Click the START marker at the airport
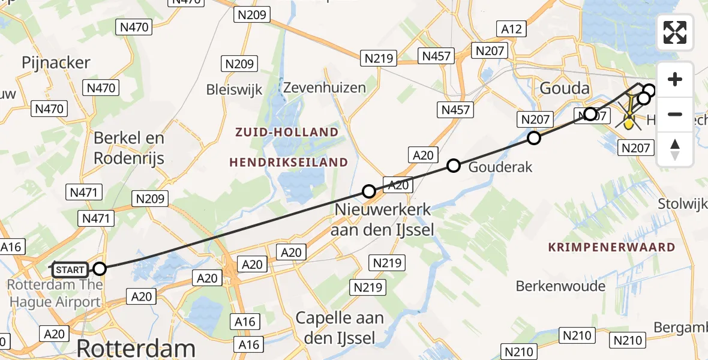point(71,269)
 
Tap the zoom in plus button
point(675,80)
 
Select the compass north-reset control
point(675,149)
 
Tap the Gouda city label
point(564,88)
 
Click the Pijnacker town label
point(56,62)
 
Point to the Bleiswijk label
point(234,90)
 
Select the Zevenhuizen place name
point(324,88)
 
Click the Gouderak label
point(500,167)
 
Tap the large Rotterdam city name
point(136,348)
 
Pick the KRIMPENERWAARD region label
point(612,247)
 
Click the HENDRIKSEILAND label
point(289,162)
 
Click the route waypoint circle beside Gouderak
point(454,166)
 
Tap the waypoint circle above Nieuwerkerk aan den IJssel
point(369,191)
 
